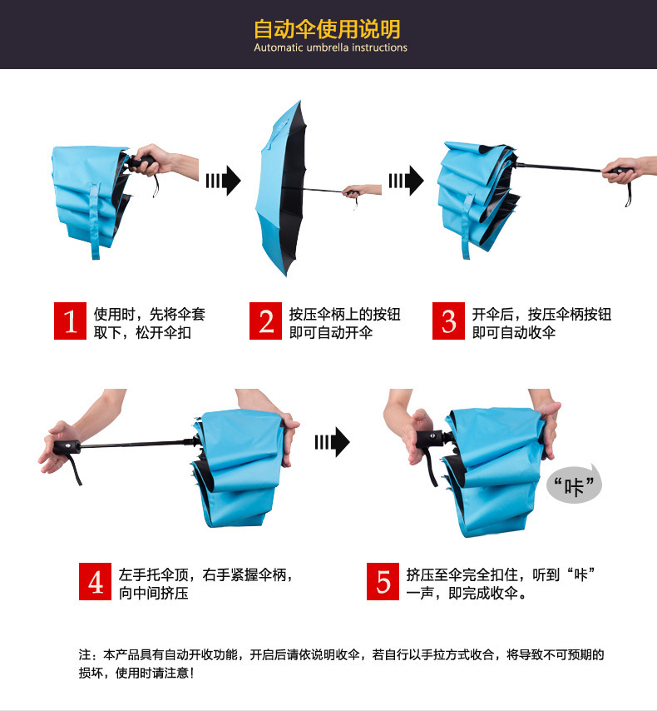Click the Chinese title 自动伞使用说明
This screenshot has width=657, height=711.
(328, 30)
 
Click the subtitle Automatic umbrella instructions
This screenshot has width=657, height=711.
(330, 48)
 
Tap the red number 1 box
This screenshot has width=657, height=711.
(71, 321)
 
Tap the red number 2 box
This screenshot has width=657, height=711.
(266, 321)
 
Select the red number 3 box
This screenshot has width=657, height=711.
(449, 321)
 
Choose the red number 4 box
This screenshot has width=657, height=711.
(96, 582)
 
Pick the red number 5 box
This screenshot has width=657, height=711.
(383, 582)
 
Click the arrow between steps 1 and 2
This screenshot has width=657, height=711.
(223, 179)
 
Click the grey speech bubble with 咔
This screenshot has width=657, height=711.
(574, 484)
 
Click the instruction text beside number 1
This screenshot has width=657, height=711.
(149, 323)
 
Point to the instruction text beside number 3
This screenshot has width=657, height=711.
(541, 323)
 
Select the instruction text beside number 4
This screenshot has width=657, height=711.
(205, 583)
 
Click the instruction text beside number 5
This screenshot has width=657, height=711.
(502, 583)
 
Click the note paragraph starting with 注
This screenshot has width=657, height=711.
(341, 664)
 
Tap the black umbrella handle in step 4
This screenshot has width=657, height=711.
(67, 448)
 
